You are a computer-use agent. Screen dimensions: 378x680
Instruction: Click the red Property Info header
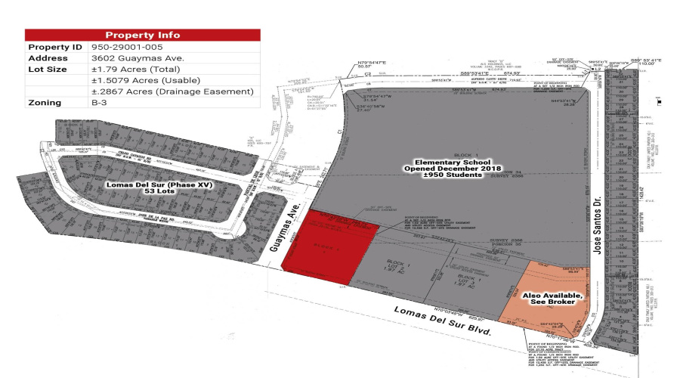(x=143, y=35)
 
